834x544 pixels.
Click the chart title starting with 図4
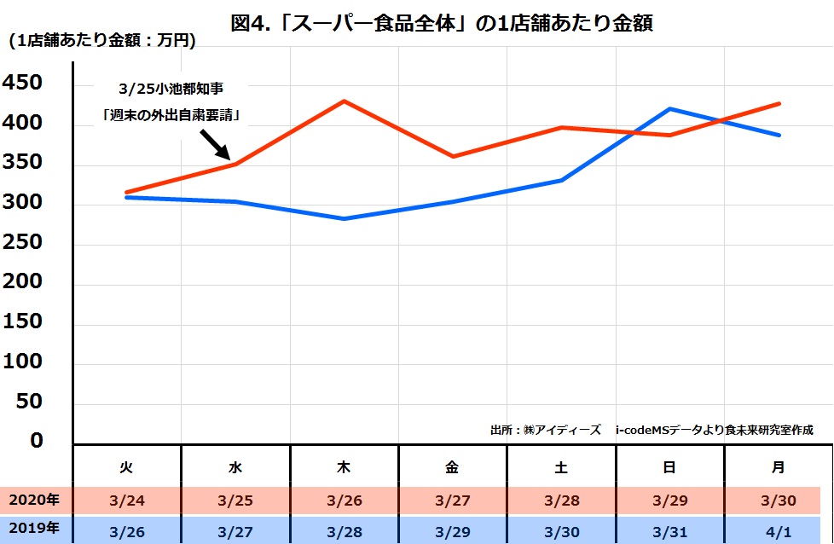tap(442, 23)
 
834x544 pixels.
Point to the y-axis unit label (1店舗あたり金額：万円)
tap(101, 41)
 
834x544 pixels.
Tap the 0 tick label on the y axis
tap(36, 441)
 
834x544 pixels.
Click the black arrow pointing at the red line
tap(215, 144)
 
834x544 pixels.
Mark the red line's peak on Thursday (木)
tap(344, 101)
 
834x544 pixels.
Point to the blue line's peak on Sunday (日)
tap(669, 108)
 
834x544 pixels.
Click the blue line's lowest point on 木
tap(344, 219)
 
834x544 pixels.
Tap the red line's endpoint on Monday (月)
tap(779, 104)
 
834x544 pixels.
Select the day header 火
tap(126, 467)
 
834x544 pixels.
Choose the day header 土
tap(560, 467)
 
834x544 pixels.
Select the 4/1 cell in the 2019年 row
tap(778, 531)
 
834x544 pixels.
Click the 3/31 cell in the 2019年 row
tap(669, 531)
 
